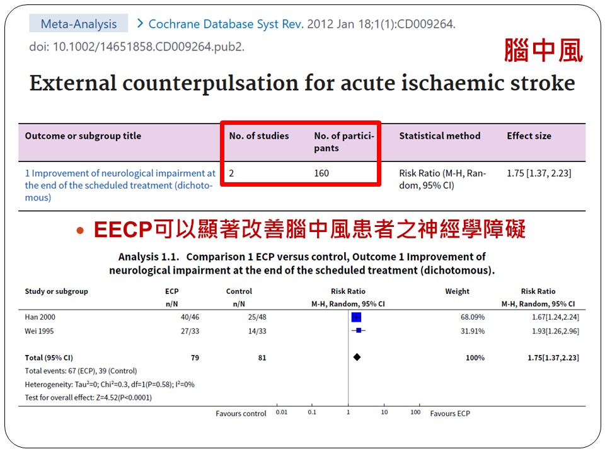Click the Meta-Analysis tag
79,24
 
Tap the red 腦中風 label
543,50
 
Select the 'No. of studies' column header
259,136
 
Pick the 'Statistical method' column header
440,136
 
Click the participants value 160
321,173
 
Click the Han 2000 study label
40,317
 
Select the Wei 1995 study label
39,331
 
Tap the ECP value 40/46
190,317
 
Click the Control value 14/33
257,331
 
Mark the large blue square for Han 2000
356,317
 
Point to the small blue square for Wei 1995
359,330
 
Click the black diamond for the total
357,357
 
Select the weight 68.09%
473,317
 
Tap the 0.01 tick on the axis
282,412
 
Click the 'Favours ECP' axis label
450,414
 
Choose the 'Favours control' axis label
241,414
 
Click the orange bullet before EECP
80,231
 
